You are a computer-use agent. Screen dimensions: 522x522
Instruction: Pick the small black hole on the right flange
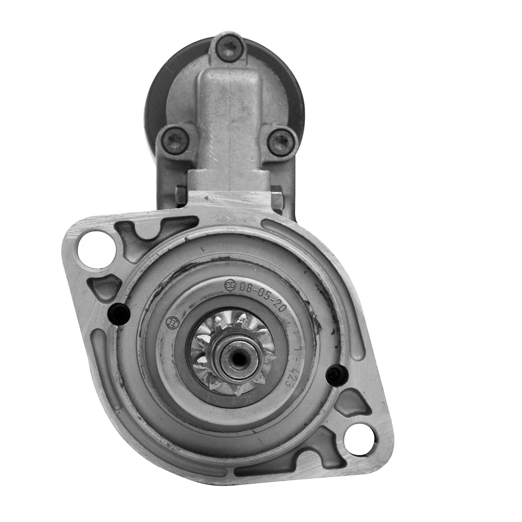(x=336, y=376)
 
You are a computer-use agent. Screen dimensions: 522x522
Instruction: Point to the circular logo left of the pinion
(x=173, y=323)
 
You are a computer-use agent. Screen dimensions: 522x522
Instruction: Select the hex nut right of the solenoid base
(x=277, y=197)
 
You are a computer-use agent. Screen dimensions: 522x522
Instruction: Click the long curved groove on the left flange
(x=102, y=367)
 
